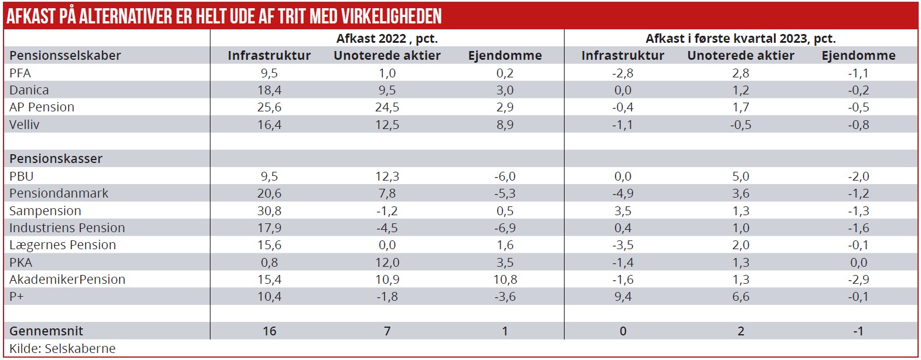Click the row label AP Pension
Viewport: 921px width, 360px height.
(42, 107)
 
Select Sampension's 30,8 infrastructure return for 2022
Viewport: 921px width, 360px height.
(269, 210)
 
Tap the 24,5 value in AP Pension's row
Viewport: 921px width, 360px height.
(387, 107)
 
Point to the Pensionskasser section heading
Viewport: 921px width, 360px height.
(56, 159)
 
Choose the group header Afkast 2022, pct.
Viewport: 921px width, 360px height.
(387, 39)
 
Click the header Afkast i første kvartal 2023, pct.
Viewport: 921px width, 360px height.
(740, 39)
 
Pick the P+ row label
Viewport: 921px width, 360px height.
(16, 297)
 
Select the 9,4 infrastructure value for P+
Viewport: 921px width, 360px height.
(623, 297)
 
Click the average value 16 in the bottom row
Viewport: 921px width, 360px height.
(269, 331)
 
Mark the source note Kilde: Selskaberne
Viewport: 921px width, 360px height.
(62, 348)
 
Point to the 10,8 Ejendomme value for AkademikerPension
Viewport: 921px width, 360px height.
(505, 280)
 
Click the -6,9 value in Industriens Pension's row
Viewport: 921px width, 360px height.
(505, 228)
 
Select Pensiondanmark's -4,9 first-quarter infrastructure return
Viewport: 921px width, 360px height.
(623, 193)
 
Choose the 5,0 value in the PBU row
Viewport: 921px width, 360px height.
(740, 176)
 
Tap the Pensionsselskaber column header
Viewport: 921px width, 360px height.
(65, 56)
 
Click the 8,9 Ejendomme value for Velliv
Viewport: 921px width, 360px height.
(505, 125)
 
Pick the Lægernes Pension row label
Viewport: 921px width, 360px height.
(63, 245)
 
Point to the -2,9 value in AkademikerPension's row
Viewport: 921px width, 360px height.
(858, 280)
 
